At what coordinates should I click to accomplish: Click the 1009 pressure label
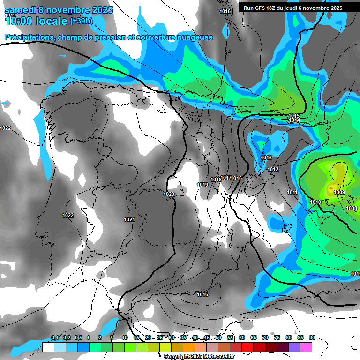339,192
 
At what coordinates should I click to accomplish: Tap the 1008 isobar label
352,208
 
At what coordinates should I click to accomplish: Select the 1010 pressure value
315,202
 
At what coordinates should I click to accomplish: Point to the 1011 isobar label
292,192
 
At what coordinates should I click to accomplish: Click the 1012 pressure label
273,169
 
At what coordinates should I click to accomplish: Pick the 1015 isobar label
294,116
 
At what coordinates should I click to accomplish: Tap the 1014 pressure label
294,120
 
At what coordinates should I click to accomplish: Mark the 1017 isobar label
226,178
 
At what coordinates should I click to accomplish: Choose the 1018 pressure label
216,180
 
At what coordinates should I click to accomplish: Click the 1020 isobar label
169,194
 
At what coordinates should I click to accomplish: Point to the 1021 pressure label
129,219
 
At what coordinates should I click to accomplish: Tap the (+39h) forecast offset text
81,21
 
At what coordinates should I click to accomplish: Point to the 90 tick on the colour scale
312,337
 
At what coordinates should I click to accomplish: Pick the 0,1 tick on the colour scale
55,337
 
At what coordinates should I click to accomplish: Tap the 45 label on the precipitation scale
207,337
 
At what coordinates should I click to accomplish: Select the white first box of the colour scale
48,347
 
